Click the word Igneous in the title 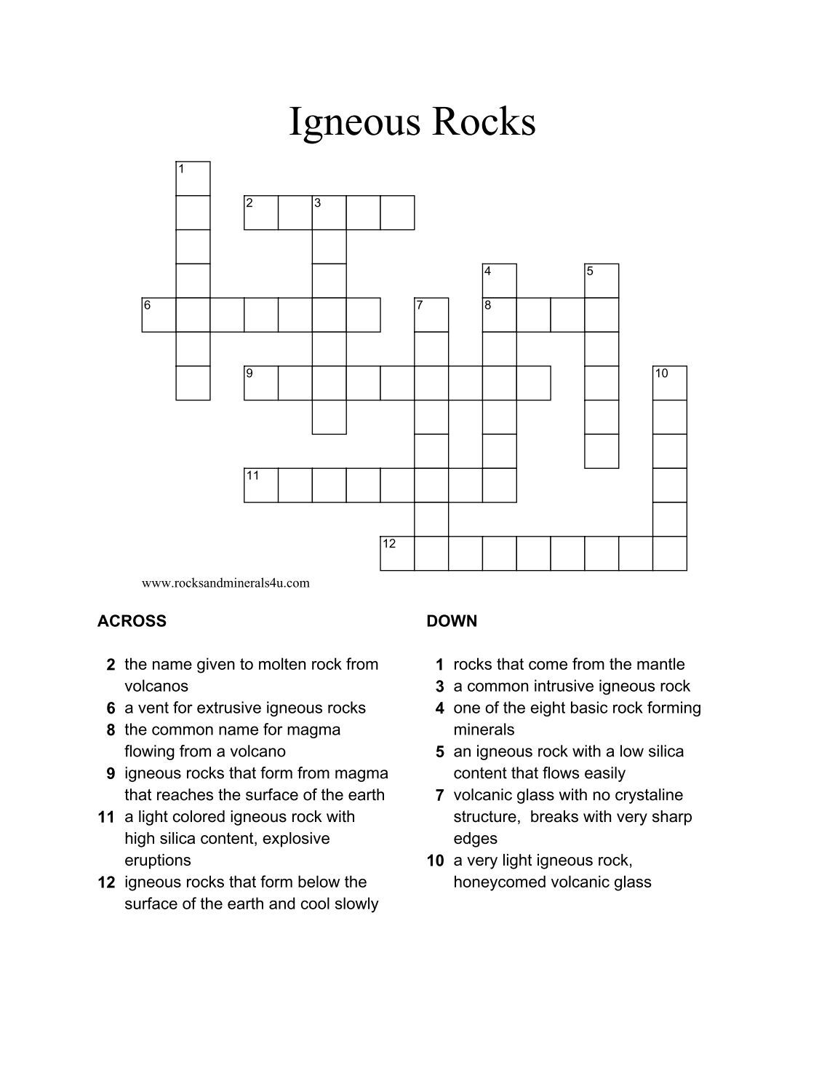coord(355,122)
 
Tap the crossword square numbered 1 coord(193,178)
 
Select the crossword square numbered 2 coord(260,213)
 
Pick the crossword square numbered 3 coord(329,213)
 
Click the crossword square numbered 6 coord(159,315)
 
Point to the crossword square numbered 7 coord(431,315)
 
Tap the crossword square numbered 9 coord(260,383)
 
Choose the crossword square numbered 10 coord(669,383)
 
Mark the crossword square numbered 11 coord(260,485)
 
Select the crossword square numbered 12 coord(397,553)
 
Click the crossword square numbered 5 coord(601,280)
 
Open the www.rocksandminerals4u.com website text coord(225,582)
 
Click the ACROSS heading coord(132,621)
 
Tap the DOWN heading coord(452,621)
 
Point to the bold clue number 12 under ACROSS coord(106,882)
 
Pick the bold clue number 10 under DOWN coord(435,861)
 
